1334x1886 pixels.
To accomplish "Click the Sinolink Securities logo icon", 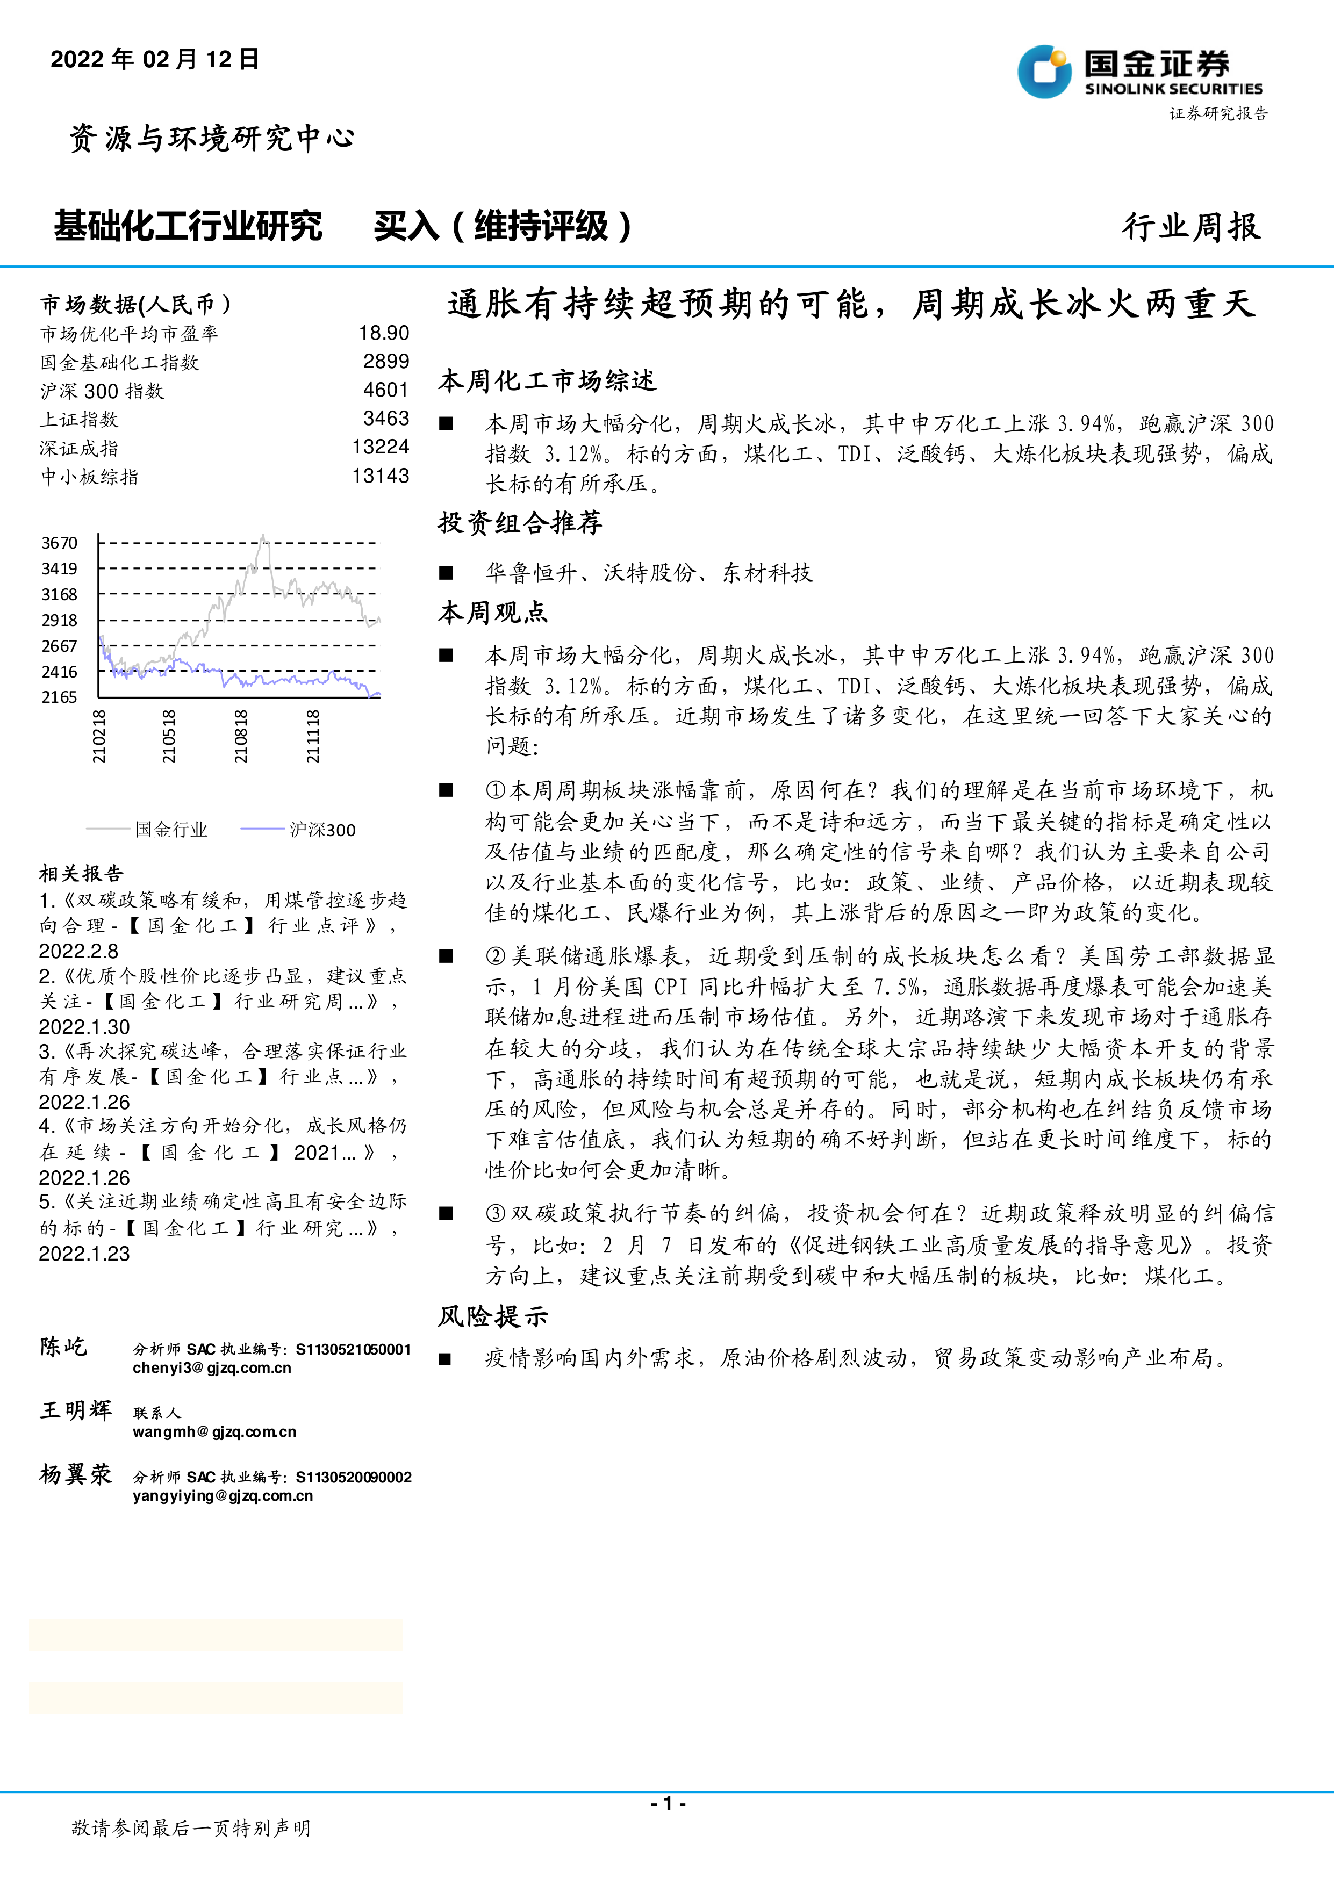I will [x=1045, y=71].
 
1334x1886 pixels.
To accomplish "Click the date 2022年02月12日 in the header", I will [x=154, y=59].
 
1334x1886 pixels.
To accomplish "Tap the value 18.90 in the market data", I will [x=384, y=333].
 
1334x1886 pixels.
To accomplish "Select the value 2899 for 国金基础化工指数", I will [x=386, y=362].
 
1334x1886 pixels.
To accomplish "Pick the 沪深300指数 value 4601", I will [x=386, y=390].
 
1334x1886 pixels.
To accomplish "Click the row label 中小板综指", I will [x=90, y=477].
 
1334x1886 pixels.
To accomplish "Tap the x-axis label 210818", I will [x=241, y=737].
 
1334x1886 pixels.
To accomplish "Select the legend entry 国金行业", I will [x=171, y=830].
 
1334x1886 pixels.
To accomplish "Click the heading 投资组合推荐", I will [x=520, y=523].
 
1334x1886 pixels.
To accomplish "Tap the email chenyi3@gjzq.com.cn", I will [x=212, y=1367].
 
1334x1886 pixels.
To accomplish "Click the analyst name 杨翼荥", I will [x=76, y=1474].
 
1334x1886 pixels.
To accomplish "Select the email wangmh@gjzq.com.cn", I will [x=214, y=1432].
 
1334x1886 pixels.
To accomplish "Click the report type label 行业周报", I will [x=1191, y=227].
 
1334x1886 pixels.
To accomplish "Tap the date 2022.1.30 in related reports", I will [x=84, y=1027].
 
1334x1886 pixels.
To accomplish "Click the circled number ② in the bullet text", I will [x=496, y=956].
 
